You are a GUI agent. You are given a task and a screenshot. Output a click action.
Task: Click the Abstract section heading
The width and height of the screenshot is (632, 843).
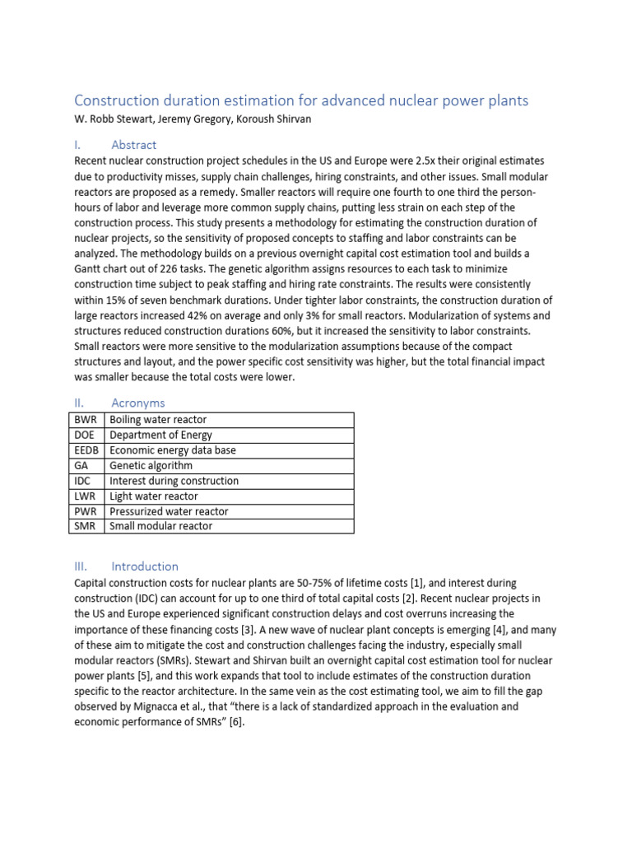(x=133, y=145)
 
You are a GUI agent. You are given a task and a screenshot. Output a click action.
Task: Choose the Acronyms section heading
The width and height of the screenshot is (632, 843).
(x=137, y=403)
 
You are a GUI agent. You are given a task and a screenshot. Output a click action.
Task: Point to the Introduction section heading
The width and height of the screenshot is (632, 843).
(x=144, y=566)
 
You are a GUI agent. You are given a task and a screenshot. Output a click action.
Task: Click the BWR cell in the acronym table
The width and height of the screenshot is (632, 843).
(x=86, y=420)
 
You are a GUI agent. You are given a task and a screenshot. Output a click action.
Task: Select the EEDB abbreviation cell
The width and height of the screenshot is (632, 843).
(x=86, y=450)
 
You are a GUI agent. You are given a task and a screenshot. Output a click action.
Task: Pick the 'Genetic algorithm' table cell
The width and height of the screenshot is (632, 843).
(x=151, y=466)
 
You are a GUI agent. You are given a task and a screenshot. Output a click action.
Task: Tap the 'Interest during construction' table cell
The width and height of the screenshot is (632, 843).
(x=174, y=481)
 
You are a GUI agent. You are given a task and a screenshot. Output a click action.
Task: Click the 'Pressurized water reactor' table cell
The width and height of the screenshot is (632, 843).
(x=169, y=511)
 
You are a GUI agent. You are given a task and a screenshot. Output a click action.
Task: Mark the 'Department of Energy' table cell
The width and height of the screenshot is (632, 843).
(x=160, y=435)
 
